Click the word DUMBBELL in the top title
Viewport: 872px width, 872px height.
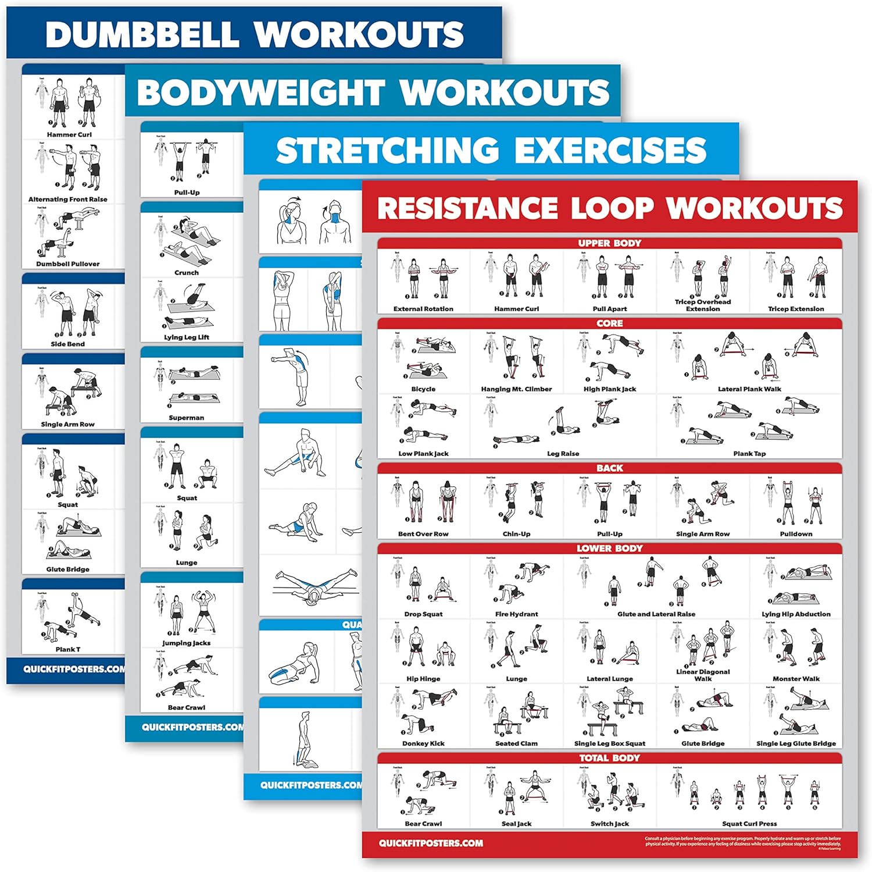point(142,34)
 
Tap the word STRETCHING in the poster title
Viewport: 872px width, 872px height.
point(387,150)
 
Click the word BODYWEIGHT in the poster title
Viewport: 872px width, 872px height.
point(260,92)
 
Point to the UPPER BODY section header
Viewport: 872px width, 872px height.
point(609,243)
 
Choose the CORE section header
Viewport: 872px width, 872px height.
point(609,323)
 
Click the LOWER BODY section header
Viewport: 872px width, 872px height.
point(609,548)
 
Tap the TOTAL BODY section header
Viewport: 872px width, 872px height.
point(609,758)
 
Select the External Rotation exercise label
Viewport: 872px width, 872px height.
point(423,309)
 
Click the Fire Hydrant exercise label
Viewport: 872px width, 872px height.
point(516,614)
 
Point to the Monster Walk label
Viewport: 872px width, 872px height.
point(796,678)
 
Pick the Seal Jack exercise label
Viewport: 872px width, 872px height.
point(516,824)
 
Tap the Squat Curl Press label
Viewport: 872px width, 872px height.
point(749,824)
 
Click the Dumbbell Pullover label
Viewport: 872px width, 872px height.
point(68,264)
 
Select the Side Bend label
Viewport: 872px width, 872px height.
point(68,344)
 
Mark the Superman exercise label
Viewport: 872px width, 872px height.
point(187,418)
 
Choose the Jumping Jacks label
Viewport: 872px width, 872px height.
point(187,643)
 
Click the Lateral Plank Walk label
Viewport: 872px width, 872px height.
point(749,389)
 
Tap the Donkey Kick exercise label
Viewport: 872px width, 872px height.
point(423,743)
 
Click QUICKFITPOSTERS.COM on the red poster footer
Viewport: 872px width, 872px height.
point(431,843)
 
